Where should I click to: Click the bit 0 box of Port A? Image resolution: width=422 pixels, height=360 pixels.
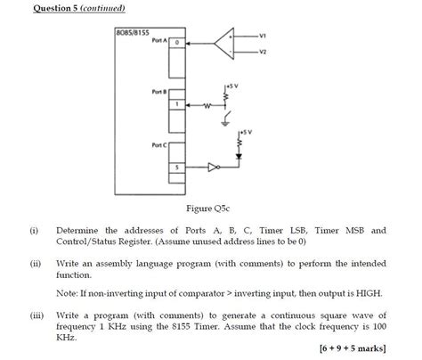pyautogui.click(x=176, y=42)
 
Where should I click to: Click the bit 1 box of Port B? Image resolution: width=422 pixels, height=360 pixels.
pyautogui.click(x=176, y=104)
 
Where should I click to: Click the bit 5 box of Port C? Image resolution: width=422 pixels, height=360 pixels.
pyautogui.click(x=176, y=167)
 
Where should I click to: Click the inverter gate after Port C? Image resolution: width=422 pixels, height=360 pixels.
pyautogui.click(x=212, y=167)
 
